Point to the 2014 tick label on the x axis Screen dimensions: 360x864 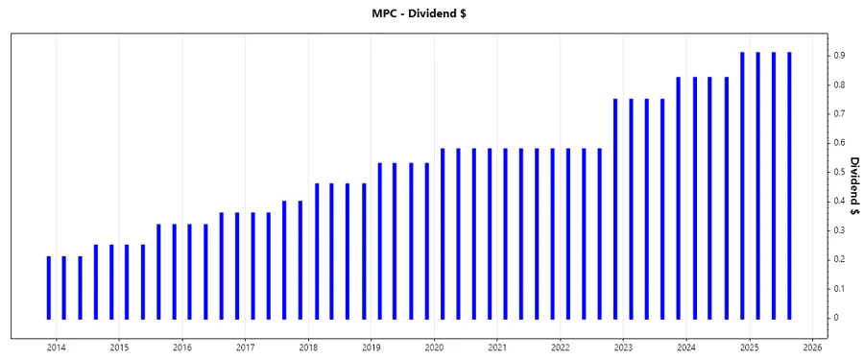pos(56,347)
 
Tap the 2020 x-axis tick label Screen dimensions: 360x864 pos(434,347)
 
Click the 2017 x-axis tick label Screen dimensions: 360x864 pos(245,347)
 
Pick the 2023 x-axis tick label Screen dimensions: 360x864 pos(623,347)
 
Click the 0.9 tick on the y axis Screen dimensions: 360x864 pos(839,56)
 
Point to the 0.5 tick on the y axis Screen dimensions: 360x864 pos(839,172)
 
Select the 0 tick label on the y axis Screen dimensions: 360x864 pos(836,318)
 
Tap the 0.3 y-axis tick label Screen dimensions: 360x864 pos(839,230)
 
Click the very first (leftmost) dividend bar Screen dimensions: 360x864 pos(49,287)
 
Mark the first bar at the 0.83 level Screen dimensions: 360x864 pos(679,197)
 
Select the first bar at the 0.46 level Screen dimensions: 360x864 pos(317,251)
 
